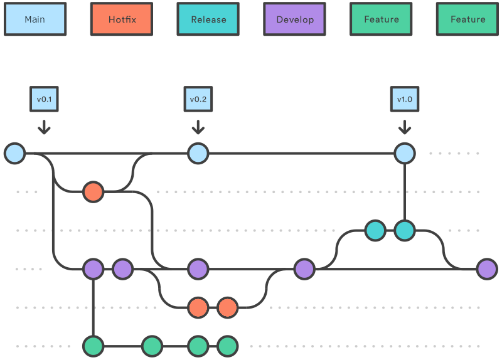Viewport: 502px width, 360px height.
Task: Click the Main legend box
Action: (35, 19)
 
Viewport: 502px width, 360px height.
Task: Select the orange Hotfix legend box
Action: (122, 19)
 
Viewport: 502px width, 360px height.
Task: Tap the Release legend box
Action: (208, 19)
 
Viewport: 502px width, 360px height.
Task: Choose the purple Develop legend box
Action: (295, 19)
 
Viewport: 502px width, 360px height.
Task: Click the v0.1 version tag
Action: (44, 99)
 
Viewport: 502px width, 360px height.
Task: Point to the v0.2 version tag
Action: (198, 99)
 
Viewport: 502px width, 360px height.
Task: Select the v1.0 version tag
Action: (405, 99)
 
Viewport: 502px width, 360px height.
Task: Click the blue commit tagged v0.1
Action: (14, 153)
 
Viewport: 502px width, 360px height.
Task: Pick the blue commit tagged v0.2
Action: (198, 153)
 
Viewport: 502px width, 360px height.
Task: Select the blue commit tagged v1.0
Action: (405, 153)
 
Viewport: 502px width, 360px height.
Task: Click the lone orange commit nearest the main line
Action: (93, 191)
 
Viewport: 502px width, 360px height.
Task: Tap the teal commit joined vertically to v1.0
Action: (405, 231)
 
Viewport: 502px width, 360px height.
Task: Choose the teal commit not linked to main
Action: (375, 231)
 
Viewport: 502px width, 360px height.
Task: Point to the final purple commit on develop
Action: (487, 269)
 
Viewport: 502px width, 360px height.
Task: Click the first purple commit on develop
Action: (93, 269)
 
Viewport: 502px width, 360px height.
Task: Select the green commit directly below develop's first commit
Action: (93, 346)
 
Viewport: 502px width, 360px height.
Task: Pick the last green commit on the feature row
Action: (227, 346)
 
